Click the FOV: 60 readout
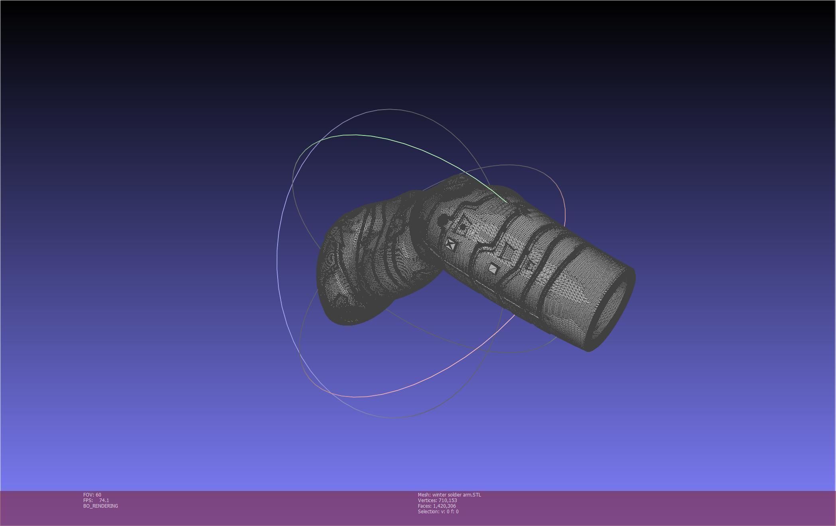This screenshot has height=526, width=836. pos(92,495)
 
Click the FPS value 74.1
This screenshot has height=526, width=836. pos(104,500)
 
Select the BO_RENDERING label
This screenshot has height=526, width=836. pos(101,506)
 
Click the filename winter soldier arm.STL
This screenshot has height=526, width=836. pos(457,495)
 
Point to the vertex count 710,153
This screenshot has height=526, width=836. pos(448,500)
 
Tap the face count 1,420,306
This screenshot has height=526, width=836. pos(444,506)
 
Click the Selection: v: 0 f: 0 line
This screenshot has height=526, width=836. pos(438,511)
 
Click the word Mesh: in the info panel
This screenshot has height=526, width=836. pos(424,495)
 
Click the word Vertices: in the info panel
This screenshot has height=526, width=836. pos(427,500)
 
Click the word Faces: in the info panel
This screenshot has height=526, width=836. pos(424,506)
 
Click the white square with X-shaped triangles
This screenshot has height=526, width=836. pos(451,244)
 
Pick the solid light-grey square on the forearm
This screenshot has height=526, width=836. pos(493,269)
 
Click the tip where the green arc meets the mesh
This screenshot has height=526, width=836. pos(507,202)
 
